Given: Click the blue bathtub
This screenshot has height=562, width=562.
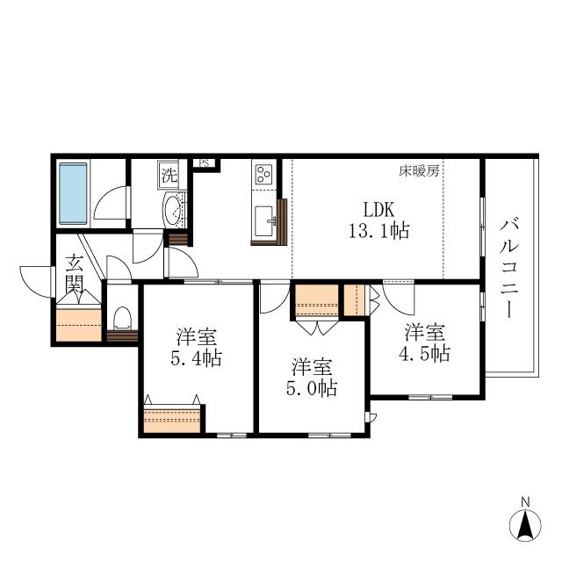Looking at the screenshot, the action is click(x=73, y=193).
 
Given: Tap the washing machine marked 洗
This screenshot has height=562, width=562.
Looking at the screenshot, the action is click(x=168, y=175).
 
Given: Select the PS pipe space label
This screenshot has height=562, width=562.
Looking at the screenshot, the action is click(x=205, y=163).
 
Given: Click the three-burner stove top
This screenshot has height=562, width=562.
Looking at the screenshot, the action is click(x=263, y=174).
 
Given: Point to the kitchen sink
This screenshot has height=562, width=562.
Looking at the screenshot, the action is click(x=264, y=220).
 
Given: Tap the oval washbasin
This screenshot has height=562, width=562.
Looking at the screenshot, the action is click(x=173, y=211).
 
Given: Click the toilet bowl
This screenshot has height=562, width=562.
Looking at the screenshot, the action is click(x=122, y=318).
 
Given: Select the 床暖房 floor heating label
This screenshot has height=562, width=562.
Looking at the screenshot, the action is click(x=419, y=171).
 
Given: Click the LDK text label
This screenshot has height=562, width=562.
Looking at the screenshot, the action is click(x=378, y=210).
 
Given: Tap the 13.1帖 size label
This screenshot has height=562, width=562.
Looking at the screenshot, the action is click(x=379, y=230).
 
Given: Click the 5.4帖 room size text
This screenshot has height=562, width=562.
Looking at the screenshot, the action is click(x=196, y=357).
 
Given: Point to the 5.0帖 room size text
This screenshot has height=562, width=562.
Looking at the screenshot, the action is click(x=312, y=387).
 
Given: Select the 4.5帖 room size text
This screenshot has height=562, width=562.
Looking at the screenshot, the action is click(x=425, y=353).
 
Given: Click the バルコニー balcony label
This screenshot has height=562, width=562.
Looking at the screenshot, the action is click(x=509, y=269).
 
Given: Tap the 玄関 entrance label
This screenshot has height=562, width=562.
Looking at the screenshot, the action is click(x=75, y=274).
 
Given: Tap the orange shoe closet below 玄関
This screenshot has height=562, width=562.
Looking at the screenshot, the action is click(x=79, y=325).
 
